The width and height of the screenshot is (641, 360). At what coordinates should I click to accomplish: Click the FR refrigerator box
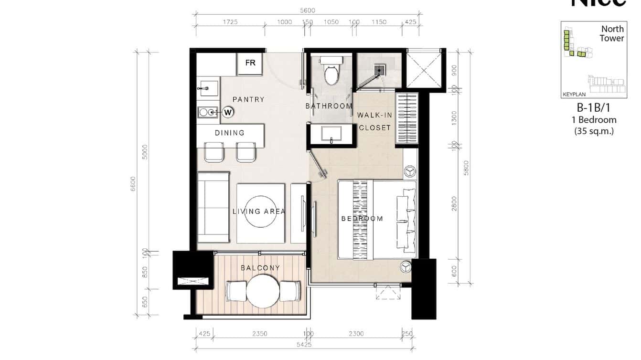click(x=250, y=64)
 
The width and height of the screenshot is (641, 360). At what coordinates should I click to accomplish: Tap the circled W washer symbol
click(x=228, y=112)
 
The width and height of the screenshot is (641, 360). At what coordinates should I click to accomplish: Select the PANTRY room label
click(x=248, y=99)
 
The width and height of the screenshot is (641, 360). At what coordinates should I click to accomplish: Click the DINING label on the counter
click(x=230, y=133)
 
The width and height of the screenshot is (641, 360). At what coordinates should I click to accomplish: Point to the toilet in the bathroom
click(x=331, y=71)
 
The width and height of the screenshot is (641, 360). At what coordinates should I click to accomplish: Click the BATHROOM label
click(x=329, y=106)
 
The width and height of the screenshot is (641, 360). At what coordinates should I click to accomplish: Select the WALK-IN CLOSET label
click(x=375, y=121)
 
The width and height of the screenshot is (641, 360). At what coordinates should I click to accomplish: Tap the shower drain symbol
click(x=380, y=70)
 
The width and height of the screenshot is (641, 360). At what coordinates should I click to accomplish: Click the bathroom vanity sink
click(x=331, y=133)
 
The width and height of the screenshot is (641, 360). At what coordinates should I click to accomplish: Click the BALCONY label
click(x=260, y=268)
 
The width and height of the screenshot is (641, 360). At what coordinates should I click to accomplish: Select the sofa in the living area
click(x=214, y=208)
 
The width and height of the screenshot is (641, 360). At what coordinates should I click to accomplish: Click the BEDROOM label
click(x=362, y=219)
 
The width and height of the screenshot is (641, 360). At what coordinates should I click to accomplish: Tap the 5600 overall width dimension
click(x=308, y=11)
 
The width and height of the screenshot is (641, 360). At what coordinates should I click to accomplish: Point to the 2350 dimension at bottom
click(x=260, y=334)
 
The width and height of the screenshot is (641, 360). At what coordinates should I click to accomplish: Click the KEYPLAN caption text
click(x=574, y=95)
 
